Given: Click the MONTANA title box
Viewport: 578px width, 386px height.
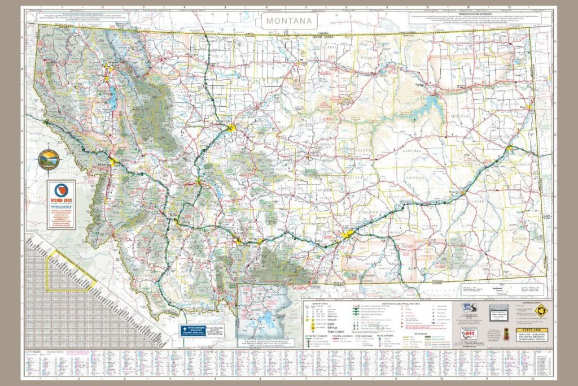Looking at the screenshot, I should (288, 20).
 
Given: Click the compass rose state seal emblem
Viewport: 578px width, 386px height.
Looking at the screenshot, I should (48, 160).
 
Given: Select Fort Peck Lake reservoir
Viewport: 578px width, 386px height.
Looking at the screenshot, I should (435, 104).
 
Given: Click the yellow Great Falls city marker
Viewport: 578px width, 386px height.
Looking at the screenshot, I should (231, 128).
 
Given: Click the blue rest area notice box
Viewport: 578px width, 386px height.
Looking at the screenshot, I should (191, 331).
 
